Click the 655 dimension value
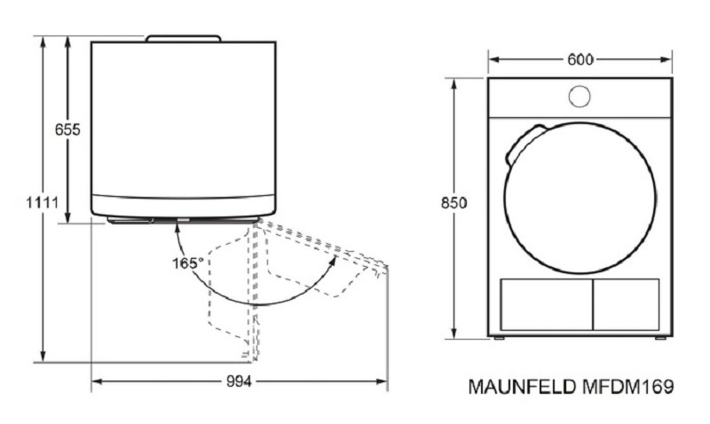[x=67, y=130]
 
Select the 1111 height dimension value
[x=43, y=202]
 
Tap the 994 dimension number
[x=239, y=381]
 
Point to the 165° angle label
[x=188, y=263]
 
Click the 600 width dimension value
[x=580, y=59]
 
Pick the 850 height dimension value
[x=454, y=203]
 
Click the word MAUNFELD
[x=522, y=387]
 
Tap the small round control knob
[x=580, y=97]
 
